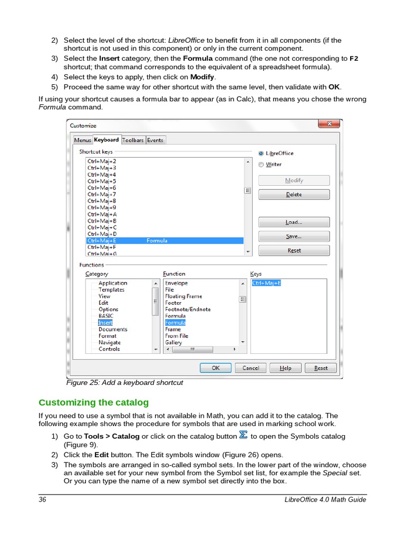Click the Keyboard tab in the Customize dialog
107,140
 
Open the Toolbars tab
133,140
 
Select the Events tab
155,140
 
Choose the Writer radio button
262,165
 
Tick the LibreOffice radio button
262,153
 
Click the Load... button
294,223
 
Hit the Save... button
294,237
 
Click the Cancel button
250,368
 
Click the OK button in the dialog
216,368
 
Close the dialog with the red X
329,124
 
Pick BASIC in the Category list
106,316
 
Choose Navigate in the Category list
109,342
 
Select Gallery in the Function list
173,342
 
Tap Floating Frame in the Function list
184,296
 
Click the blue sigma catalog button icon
243,435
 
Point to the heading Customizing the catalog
93,402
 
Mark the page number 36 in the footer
42,500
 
